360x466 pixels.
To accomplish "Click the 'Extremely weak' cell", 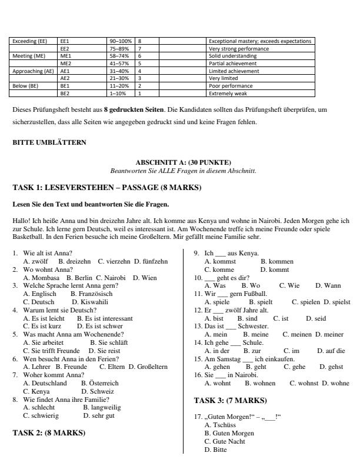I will point(226,93).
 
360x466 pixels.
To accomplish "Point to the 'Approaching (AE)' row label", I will point(33,71).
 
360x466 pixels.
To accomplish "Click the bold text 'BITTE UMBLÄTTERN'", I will point(49,142).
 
